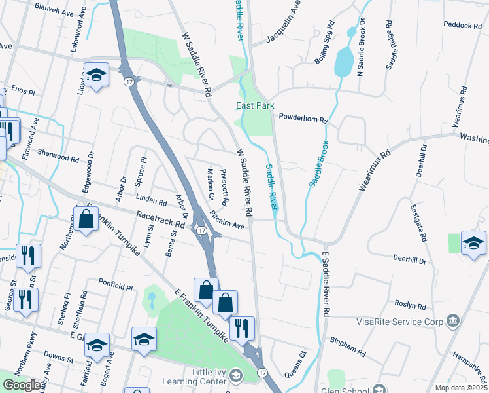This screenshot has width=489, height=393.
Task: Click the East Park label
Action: tap(255, 105)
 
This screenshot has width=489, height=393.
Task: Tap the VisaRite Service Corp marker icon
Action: tap(452, 321)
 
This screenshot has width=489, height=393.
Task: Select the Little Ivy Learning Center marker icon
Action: tap(235, 376)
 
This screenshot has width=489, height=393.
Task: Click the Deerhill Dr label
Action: tap(410, 260)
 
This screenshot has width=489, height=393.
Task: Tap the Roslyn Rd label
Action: tap(411, 305)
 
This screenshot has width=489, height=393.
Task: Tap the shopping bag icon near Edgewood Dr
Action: tap(86, 219)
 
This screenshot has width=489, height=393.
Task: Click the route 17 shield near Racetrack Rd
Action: tap(202, 230)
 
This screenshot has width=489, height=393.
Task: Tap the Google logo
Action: tap(22, 385)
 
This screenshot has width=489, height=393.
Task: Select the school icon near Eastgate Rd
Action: tap(473, 244)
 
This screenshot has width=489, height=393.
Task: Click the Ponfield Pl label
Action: tap(116, 287)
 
